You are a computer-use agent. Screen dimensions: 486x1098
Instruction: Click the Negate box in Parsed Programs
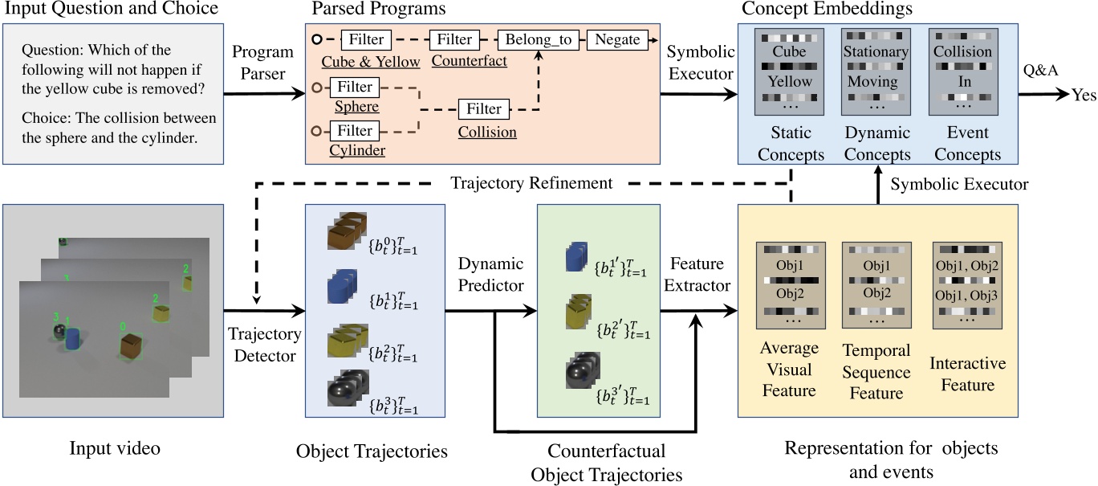click(617, 39)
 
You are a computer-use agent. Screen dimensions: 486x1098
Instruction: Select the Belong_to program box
click(538, 39)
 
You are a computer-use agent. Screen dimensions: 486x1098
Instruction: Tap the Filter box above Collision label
click(484, 108)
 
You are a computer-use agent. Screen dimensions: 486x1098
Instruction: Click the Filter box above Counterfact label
click(455, 39)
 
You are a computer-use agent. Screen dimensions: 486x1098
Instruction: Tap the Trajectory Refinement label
click(531, 184)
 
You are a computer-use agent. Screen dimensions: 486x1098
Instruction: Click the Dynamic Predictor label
click(491, 275)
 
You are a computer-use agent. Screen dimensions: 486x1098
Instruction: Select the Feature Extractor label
click(697, 275)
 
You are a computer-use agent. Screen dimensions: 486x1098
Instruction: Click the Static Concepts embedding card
click(791, 73)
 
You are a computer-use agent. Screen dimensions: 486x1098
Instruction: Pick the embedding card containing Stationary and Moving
click(876, 73)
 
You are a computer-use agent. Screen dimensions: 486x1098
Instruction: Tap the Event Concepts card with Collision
click(962, 73)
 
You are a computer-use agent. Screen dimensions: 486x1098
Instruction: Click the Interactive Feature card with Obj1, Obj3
click(967, 286)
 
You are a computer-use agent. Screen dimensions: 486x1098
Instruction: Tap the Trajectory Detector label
click(264, 344)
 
